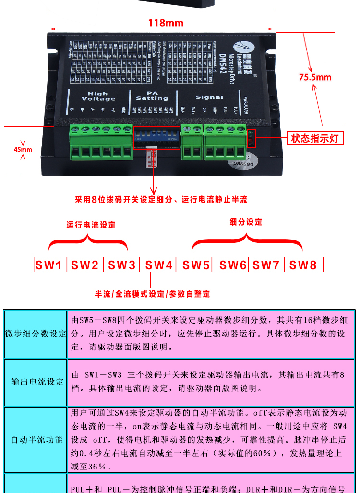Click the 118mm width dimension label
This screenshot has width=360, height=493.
coord(159,23)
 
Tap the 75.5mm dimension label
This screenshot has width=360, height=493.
coord(315,77)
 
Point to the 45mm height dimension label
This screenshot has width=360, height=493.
coord(23,150)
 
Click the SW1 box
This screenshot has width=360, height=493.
coord(50,265)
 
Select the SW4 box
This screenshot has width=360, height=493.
coord(158,265)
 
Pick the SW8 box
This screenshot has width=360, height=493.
coord(303,265)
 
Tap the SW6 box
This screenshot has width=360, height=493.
coord(233,265)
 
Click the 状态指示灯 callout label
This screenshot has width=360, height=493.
coord(315,139)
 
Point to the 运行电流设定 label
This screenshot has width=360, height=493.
coord(91,225)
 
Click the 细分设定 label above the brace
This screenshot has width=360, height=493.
coord(246,222)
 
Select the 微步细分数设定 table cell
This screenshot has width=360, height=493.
coord(35,334)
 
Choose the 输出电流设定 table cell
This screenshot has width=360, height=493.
coord(35,382)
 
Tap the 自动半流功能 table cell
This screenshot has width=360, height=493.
coord(35,440)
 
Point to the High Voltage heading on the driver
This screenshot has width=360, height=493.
coord(98,96)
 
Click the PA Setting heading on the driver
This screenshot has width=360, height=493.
coord(152,96)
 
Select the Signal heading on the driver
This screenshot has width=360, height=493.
coord(209,97)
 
